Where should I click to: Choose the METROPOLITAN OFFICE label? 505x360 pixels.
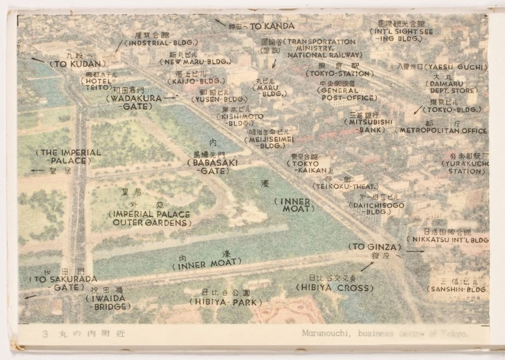442,130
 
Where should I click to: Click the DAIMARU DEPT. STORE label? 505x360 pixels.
461,87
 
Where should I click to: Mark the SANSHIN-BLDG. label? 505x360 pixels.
458,289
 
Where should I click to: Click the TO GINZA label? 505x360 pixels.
373,246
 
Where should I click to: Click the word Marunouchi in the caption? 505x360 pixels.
321,335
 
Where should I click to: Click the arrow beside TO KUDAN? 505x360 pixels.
38,59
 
